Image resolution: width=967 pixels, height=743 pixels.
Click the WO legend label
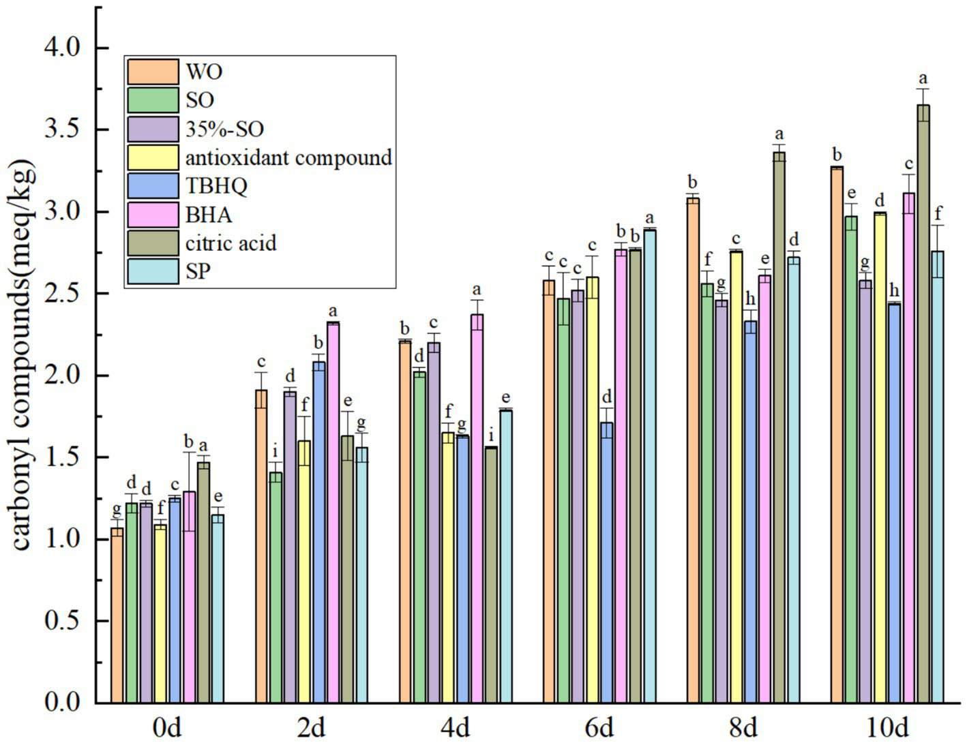pyautogui.click(x=204, y=72)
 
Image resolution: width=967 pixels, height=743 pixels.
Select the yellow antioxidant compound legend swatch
pyautogui.click(x=153, y=157)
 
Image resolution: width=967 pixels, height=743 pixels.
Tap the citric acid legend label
pyautogui.click(x=230, y=243)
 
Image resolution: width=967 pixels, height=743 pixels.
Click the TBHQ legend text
pyautogui.click(x=216, y=186)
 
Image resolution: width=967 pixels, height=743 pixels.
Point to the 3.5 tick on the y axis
pyautogui.click(x=62, y=130)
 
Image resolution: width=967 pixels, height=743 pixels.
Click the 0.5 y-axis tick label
pyautogui.click(x=62, y=621)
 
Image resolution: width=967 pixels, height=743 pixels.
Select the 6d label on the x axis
pyautogui.click(x=599, y=728)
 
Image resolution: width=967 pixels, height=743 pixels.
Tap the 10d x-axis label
pyautogui.click(x=887, y=728)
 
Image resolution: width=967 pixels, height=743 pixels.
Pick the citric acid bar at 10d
pyautogui.click(x=923, y=409)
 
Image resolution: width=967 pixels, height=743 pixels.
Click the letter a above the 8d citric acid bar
pyautogui.click(x=779, y=135)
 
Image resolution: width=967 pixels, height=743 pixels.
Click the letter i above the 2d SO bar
pyautogui.click(x=276, y=452)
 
